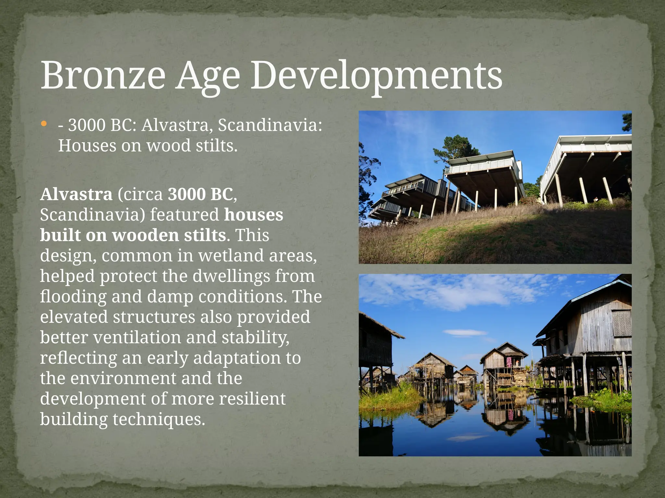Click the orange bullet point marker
[44, 124]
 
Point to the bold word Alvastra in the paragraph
[76, 194]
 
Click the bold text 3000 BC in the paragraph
[200, 194]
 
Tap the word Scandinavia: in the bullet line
[270, 125]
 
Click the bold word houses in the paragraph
[254, 215]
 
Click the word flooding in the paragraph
[73, 296]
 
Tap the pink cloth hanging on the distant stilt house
[509, 361]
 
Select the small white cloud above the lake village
[465, 333]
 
